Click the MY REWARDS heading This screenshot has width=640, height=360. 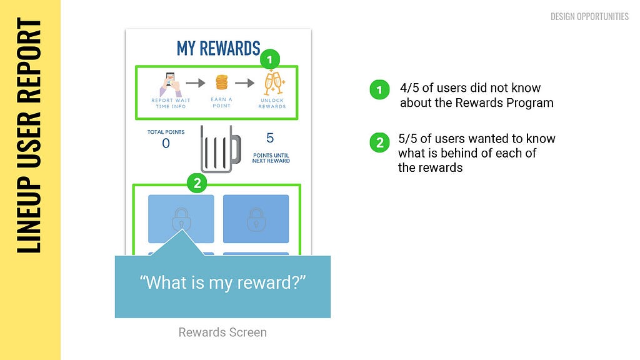[218, 49]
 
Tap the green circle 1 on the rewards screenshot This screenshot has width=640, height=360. [269, 59]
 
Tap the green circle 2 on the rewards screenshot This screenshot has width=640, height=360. [197, 183]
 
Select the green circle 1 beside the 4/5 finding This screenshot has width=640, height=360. [379, 89]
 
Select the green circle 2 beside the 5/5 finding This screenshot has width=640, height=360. [379, 142]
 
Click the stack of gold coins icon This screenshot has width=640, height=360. [222, 82]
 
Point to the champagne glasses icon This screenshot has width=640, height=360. [273, 83]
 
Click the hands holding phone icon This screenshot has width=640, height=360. [171, 84]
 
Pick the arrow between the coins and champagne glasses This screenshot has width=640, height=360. [244, 83]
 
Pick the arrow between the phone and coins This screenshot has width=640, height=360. [196, 83]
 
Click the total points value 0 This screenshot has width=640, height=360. [166, 143]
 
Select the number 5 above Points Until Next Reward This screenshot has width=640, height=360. [270, 138]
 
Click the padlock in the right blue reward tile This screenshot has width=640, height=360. [256, 219]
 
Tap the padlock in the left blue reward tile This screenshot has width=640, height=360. [181, 219]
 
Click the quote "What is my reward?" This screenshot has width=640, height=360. [222, 282]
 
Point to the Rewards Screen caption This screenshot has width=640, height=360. [222, 332]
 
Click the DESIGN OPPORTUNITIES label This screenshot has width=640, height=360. [589, 16]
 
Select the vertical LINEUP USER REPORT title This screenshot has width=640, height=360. [29, 136]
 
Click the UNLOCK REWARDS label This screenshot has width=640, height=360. [272, 103]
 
